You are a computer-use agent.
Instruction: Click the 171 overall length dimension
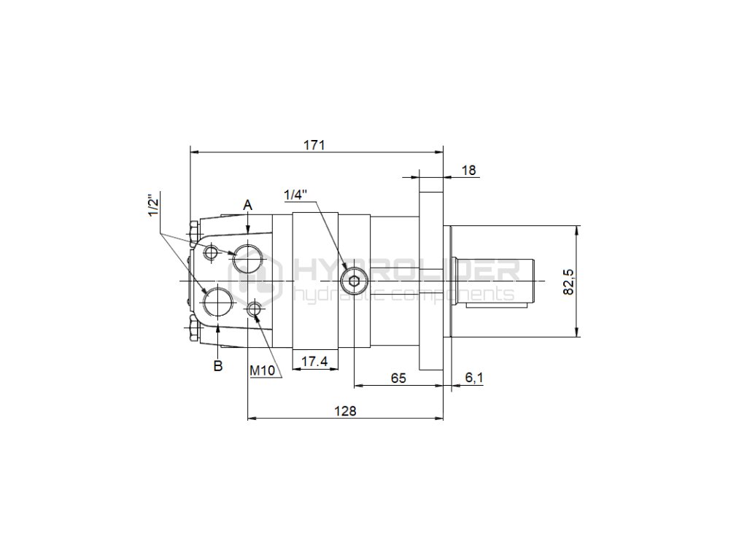314,145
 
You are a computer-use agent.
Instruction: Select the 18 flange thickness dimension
469,170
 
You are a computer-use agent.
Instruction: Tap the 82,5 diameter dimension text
569,281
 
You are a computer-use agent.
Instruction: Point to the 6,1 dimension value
474,378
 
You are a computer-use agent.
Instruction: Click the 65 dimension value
398,378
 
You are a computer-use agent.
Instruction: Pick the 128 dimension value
345,411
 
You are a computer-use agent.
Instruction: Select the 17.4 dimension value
315,362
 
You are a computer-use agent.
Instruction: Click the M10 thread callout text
263,370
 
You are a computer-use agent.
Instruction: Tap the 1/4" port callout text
296,194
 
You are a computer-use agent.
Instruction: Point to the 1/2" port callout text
153,205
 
